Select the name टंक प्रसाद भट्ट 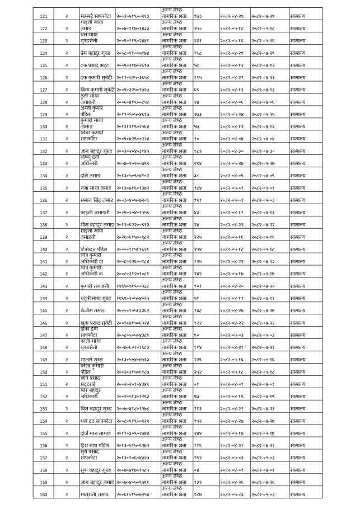(x=96, y=65)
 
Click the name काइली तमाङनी (x=95, y=213)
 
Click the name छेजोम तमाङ (x=94, y=310)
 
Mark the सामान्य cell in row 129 (x=302, y=115)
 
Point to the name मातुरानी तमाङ (x=95, y=494)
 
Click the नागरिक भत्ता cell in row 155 (x=174, y=433)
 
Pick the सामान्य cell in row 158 (x=302, y=470)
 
